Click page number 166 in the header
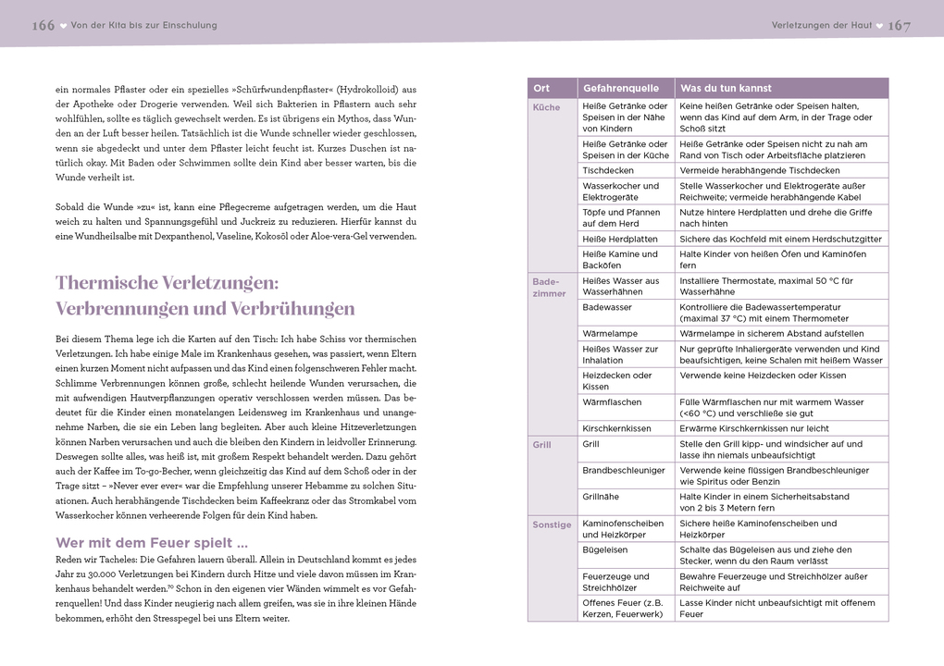click(x=43, y=26)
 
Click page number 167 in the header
click(x=899, y=26)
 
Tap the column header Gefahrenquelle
click(x=620, y=89)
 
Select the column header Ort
click(x=541, y=89)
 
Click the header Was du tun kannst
click(x=726, y=89)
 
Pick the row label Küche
click(x=546, y=107)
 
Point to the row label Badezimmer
click(x=550, y=287)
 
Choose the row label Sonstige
click(x=552, y=524)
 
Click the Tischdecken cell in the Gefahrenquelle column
click(x=608, y=171)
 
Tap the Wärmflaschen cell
click(x=612, y=402)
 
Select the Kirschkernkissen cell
click(x=616, y=428)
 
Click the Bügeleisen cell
click(x=604, y=549)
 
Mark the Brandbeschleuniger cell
click(x=624, y=471)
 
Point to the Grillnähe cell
click(x=602, y=497)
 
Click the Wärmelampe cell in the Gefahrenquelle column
click(x=610, y=333)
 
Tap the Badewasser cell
click(x=607, y=307)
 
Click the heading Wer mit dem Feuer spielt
click(x=151, y=543)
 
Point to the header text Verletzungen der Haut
click(x=821, y=26)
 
